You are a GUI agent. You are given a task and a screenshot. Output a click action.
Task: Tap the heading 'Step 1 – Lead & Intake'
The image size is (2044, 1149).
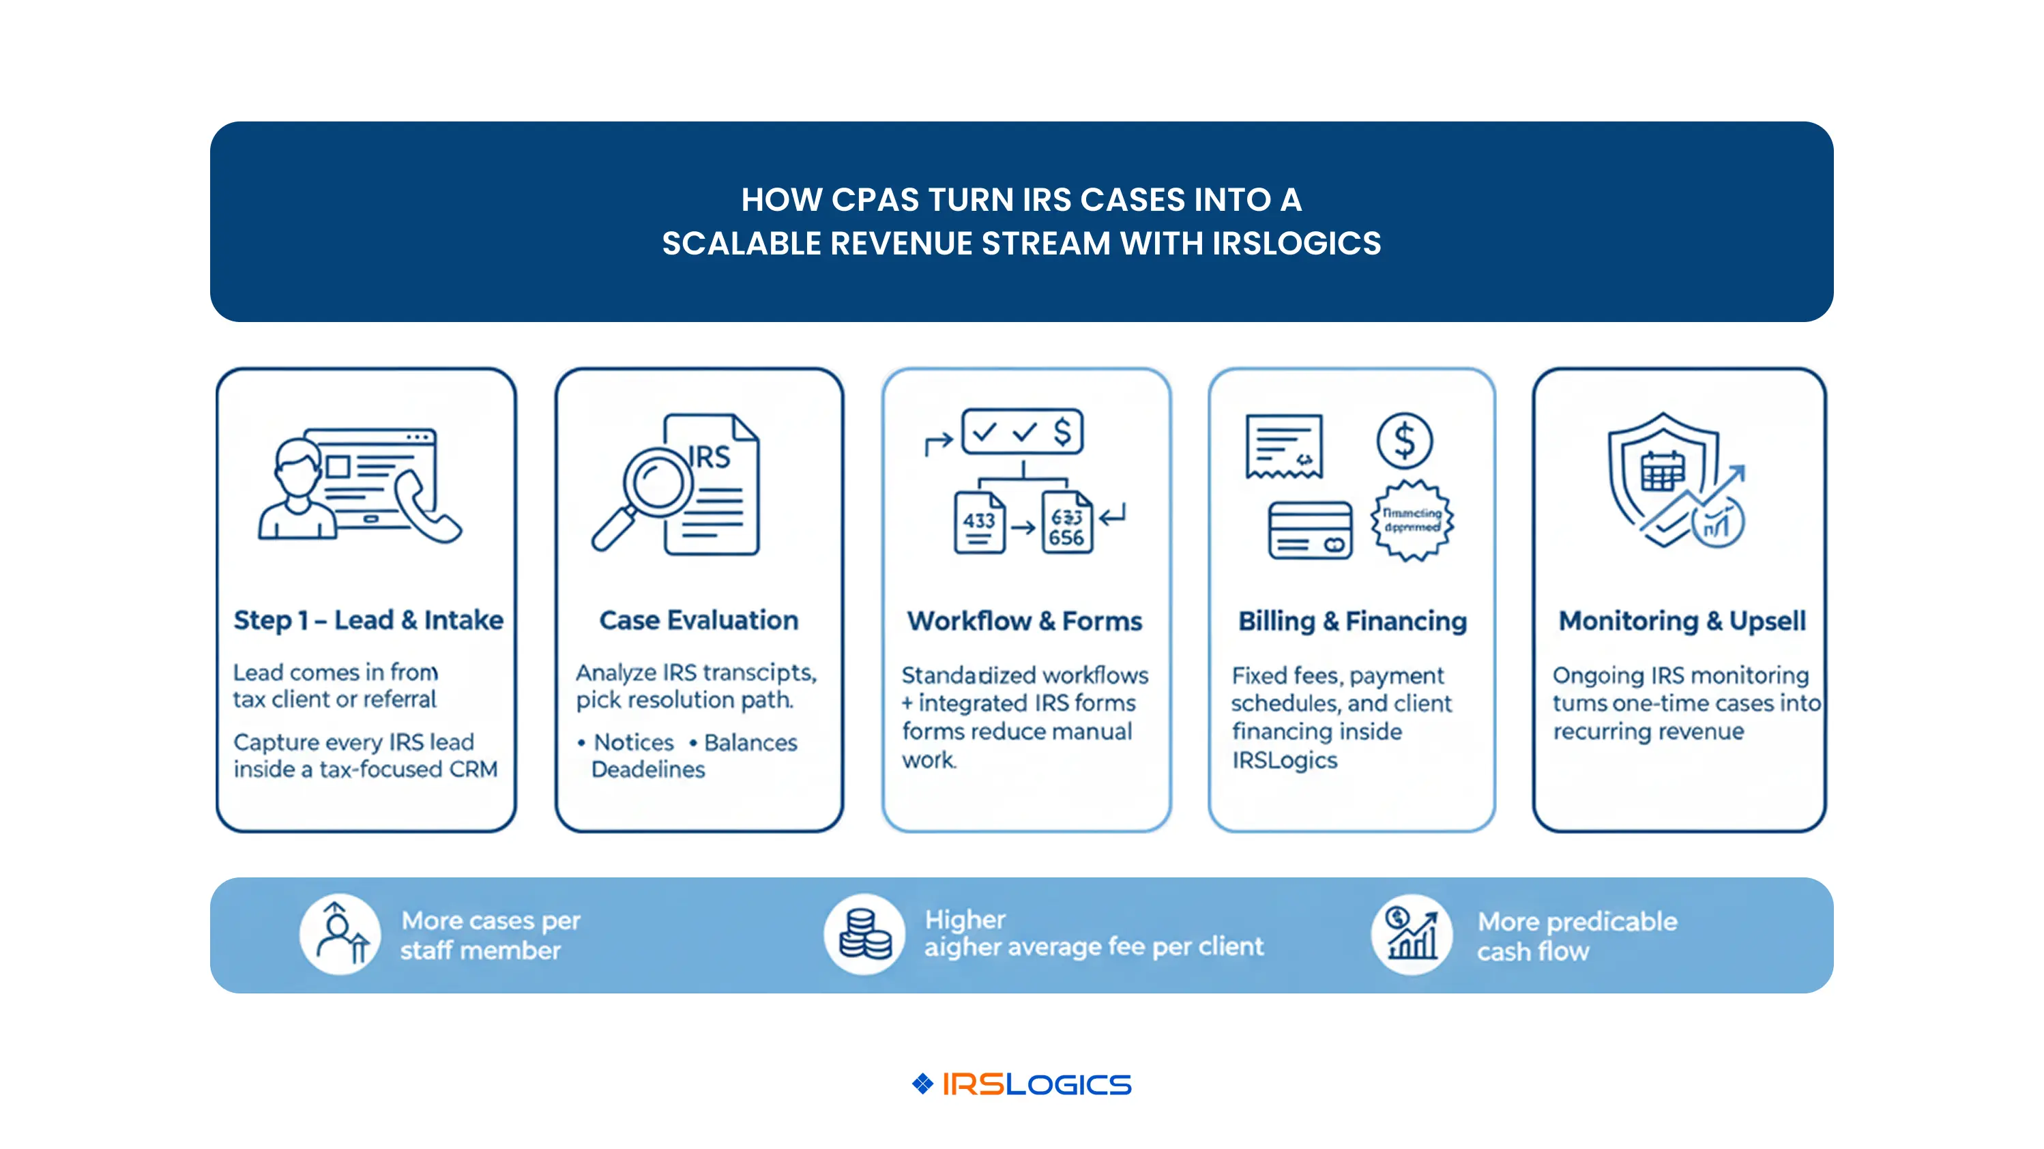(x=368, y=620)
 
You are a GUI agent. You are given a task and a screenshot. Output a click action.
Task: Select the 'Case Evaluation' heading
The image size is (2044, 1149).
(x=698, y=620)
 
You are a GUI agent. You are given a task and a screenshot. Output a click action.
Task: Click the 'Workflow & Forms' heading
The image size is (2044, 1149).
(x=1024, y=620)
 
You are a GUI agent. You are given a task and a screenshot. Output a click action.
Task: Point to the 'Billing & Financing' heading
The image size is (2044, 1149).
(x=1352, y=620)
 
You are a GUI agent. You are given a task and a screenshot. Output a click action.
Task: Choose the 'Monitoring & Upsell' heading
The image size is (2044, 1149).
(x=1681, y=620)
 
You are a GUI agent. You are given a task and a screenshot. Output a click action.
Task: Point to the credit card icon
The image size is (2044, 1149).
(x=1309, y=530)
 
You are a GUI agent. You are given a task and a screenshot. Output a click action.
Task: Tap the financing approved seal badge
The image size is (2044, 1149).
(x=1412, y=521)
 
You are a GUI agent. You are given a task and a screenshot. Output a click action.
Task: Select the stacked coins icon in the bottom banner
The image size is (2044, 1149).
(x=864, y=935)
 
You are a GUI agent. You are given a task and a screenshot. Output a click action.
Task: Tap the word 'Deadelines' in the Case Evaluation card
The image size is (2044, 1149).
(x=647, y=770)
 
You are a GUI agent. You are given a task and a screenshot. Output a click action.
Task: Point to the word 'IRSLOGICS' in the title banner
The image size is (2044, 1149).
(x=1296, y=244)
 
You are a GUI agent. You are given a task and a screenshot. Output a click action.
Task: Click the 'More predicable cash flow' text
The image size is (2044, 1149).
(x=1576, y=936)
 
